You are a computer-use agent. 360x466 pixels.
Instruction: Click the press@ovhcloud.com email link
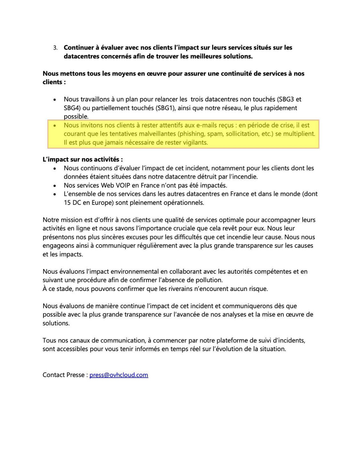point(119,375)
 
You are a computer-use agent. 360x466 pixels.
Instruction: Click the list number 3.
point(55,48)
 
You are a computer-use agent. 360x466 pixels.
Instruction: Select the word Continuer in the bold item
point(78,48)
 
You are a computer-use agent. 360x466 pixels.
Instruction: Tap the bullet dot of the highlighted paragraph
point(55,125)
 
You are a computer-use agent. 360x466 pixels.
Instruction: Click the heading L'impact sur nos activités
point(83,159)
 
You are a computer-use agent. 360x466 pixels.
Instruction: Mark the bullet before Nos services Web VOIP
point(55,186)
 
